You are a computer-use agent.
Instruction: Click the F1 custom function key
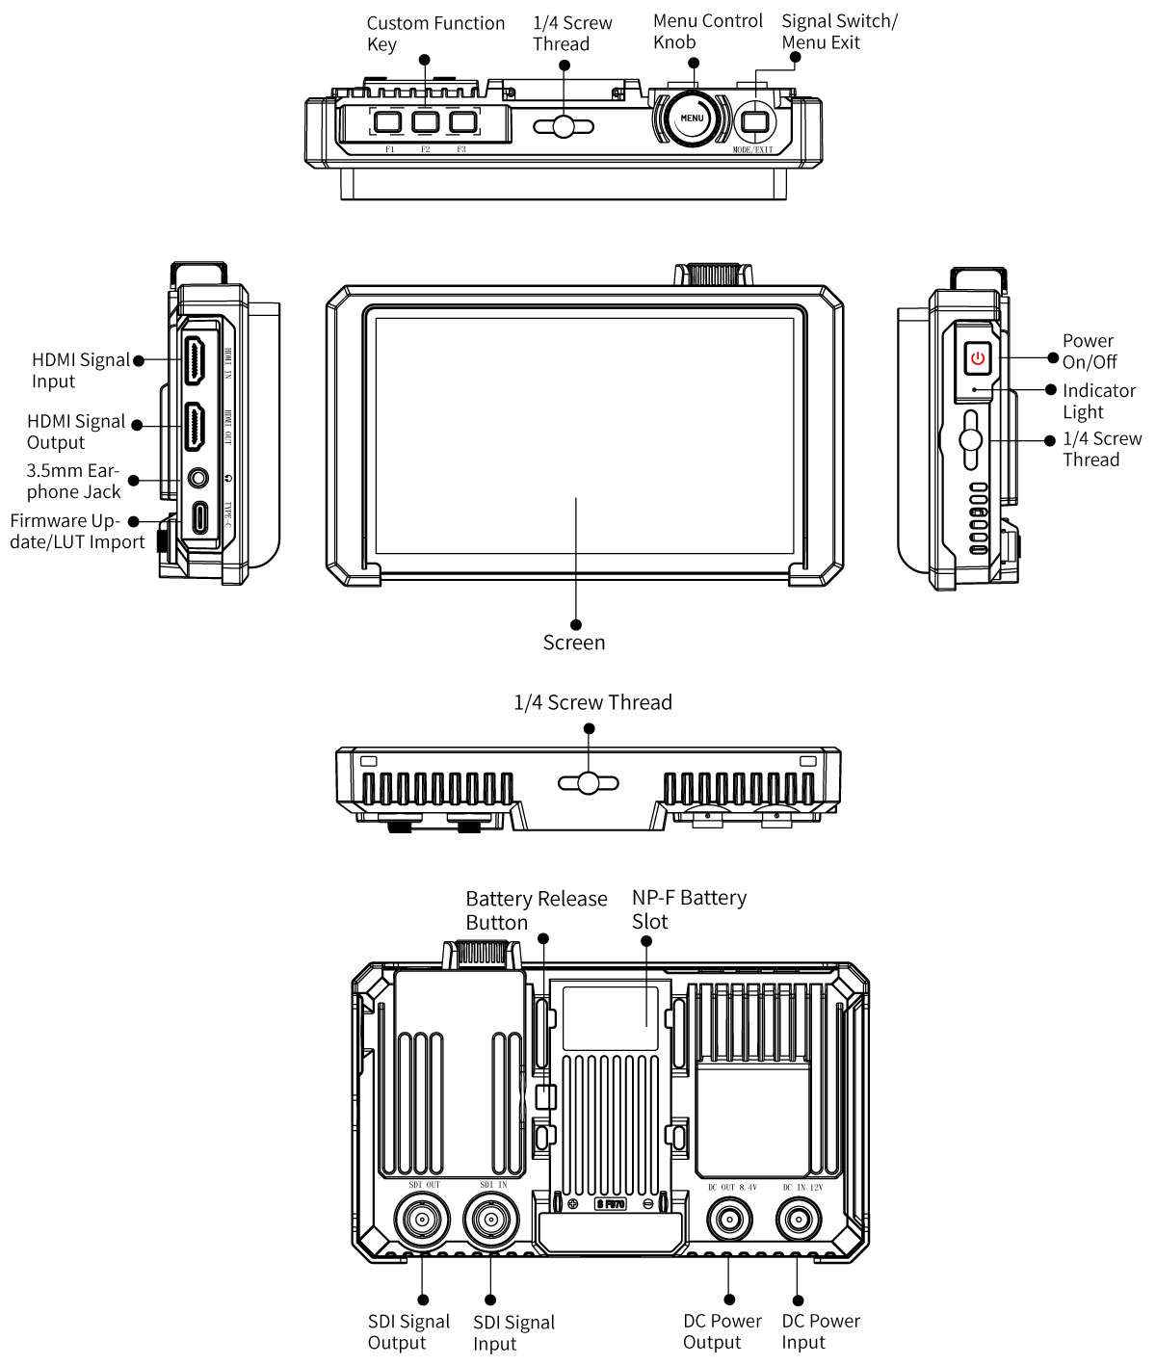(388, 122)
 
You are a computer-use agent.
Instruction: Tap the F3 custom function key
(462, 122)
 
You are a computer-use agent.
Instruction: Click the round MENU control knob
(692, 118)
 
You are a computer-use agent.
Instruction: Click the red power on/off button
(978, 358)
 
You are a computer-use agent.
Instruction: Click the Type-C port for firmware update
(199, 517)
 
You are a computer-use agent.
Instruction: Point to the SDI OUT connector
(424, 1221)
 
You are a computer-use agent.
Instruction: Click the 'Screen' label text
(574, 643)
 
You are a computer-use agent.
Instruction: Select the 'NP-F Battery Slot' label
(688, 909)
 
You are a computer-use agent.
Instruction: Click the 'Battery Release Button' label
(536, 910)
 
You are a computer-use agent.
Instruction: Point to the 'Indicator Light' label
(1098, 401)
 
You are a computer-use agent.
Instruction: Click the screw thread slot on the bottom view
(590, 782)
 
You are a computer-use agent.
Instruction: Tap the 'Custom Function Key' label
(435, 34)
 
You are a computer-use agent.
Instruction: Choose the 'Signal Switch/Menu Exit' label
(838, 32)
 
